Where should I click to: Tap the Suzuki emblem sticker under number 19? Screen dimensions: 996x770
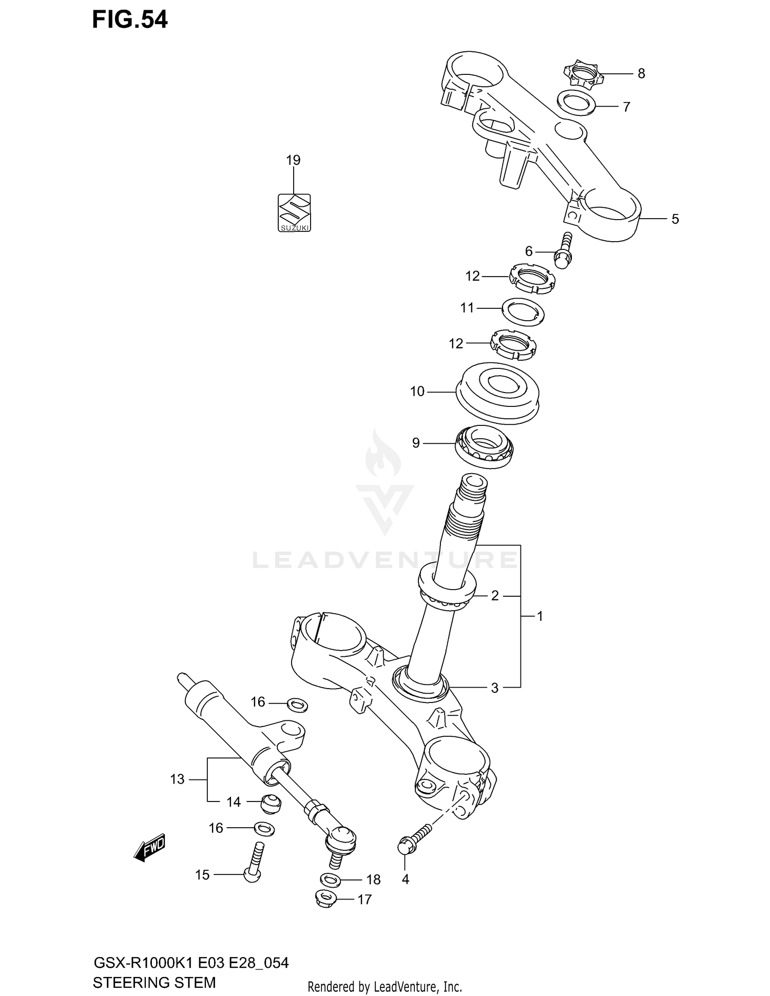tap(294, 212)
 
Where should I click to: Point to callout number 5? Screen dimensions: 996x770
tap(675, 219)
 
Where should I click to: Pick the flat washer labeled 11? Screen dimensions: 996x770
tap(523, 311)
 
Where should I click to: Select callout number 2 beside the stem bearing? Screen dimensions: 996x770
tap(495, 596)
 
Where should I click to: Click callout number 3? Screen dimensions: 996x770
tap(494, 688)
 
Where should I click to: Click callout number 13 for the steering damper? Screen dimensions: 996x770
tap(177, 779)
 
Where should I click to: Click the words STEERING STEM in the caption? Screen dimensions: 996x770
tap(154, 983)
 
